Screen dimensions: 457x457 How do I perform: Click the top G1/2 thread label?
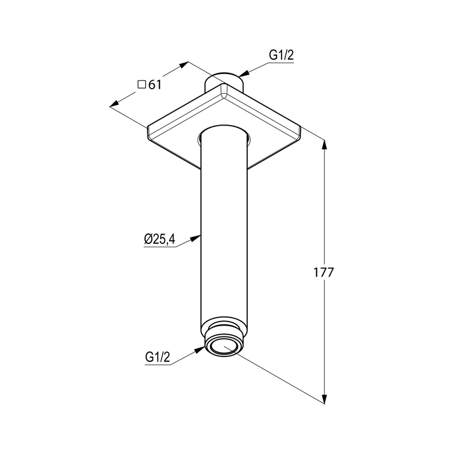click(281, 55)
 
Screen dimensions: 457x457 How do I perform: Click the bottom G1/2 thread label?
click(157, 356)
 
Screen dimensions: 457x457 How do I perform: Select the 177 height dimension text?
click(323, 272)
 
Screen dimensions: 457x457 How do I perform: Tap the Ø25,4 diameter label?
click(159, 239)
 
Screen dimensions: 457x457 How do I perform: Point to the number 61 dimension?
click(155, 85)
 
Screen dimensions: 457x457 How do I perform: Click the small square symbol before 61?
click(142, 84)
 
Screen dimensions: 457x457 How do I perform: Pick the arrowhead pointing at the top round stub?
click(243, 74)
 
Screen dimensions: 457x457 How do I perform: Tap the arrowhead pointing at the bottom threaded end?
click(200, 350)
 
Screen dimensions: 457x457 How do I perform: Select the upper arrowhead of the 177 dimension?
click(324, 145)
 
